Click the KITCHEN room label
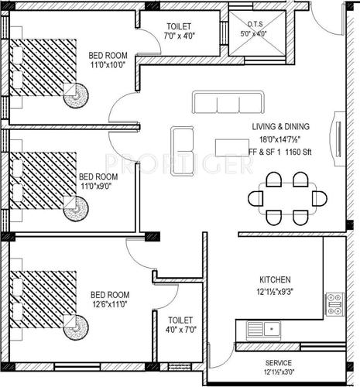[275, 279]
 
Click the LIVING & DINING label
[281, 126]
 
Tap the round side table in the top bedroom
[77, 94]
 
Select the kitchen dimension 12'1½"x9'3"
[275, 292]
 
